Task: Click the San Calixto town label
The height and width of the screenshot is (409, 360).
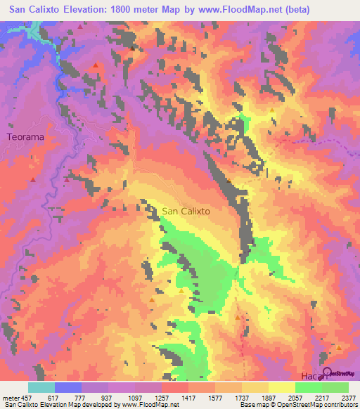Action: [x=186, y=210]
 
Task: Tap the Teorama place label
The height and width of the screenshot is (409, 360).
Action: [x=25, y=138]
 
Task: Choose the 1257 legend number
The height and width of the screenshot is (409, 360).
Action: [x=162, y=398]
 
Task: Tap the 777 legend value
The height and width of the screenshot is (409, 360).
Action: [x=82, y=398]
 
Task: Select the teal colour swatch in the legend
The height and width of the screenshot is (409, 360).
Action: [x=41, y=387]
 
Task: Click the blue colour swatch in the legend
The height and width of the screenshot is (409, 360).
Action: [x=68, y=387]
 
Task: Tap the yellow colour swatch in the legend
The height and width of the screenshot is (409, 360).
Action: [x=281, y=387]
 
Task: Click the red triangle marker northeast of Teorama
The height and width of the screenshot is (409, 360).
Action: [x=96, y=66]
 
